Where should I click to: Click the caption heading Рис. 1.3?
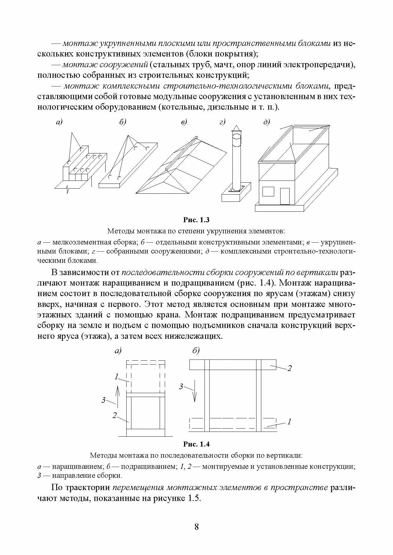click(x=196, y=220)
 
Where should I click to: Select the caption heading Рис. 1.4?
click(x=196, y=444)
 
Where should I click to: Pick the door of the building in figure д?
click(x=284, y=196)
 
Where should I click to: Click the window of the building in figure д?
click(x=268, y=191)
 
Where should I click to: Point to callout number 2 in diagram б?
click(x=289, y=368)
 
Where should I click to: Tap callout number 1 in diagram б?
click(x=289, y=422)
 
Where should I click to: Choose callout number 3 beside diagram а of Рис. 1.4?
click(x=103, y=400)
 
